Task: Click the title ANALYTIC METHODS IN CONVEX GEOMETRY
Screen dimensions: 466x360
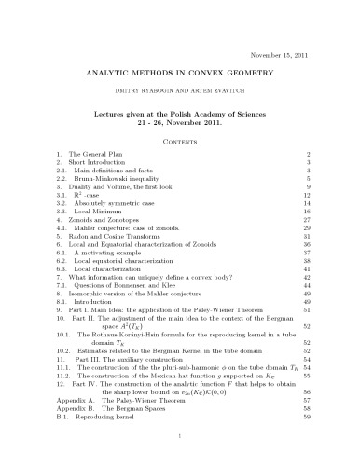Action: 181,72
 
